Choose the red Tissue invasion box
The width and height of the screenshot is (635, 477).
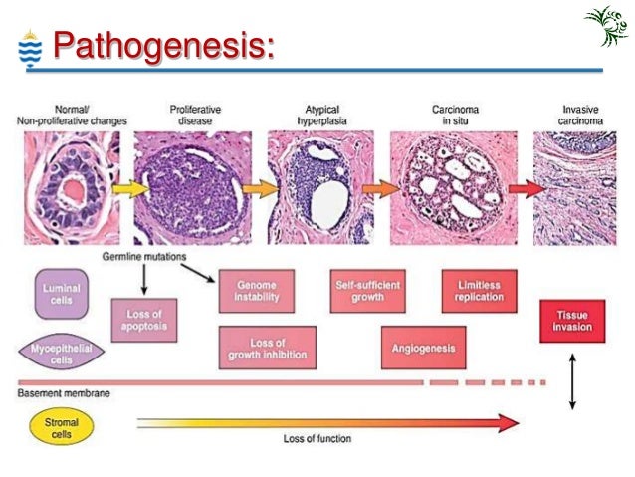tap(572, 321)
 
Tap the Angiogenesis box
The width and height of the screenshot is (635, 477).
tap(424, 348)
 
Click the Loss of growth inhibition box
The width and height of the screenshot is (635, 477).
tap(266, 348)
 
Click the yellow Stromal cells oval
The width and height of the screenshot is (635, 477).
tap(62, 428)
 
